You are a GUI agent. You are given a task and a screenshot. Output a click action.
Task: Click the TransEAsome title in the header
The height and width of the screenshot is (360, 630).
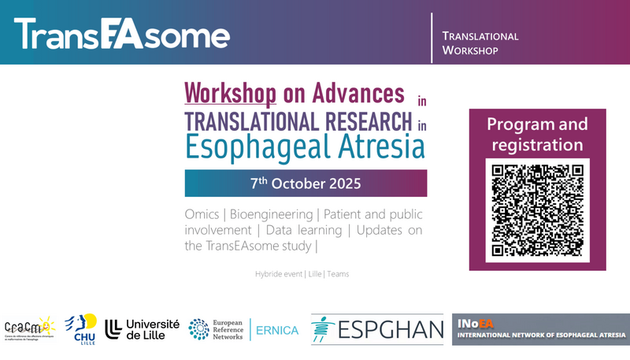point(122,34)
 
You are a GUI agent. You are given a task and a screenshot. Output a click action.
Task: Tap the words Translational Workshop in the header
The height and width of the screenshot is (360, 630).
point(480,43)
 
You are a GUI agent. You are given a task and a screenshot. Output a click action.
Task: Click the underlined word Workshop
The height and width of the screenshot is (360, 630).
point(230,94)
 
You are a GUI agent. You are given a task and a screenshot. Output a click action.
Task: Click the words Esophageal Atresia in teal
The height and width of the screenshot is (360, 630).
point(305,147)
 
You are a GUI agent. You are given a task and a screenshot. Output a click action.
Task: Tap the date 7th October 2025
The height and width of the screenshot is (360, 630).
point(306,184)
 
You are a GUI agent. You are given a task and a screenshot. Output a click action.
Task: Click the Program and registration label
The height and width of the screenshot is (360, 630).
point(537,135)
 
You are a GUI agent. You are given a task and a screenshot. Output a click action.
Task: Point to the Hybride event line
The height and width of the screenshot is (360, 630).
point(302,274)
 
